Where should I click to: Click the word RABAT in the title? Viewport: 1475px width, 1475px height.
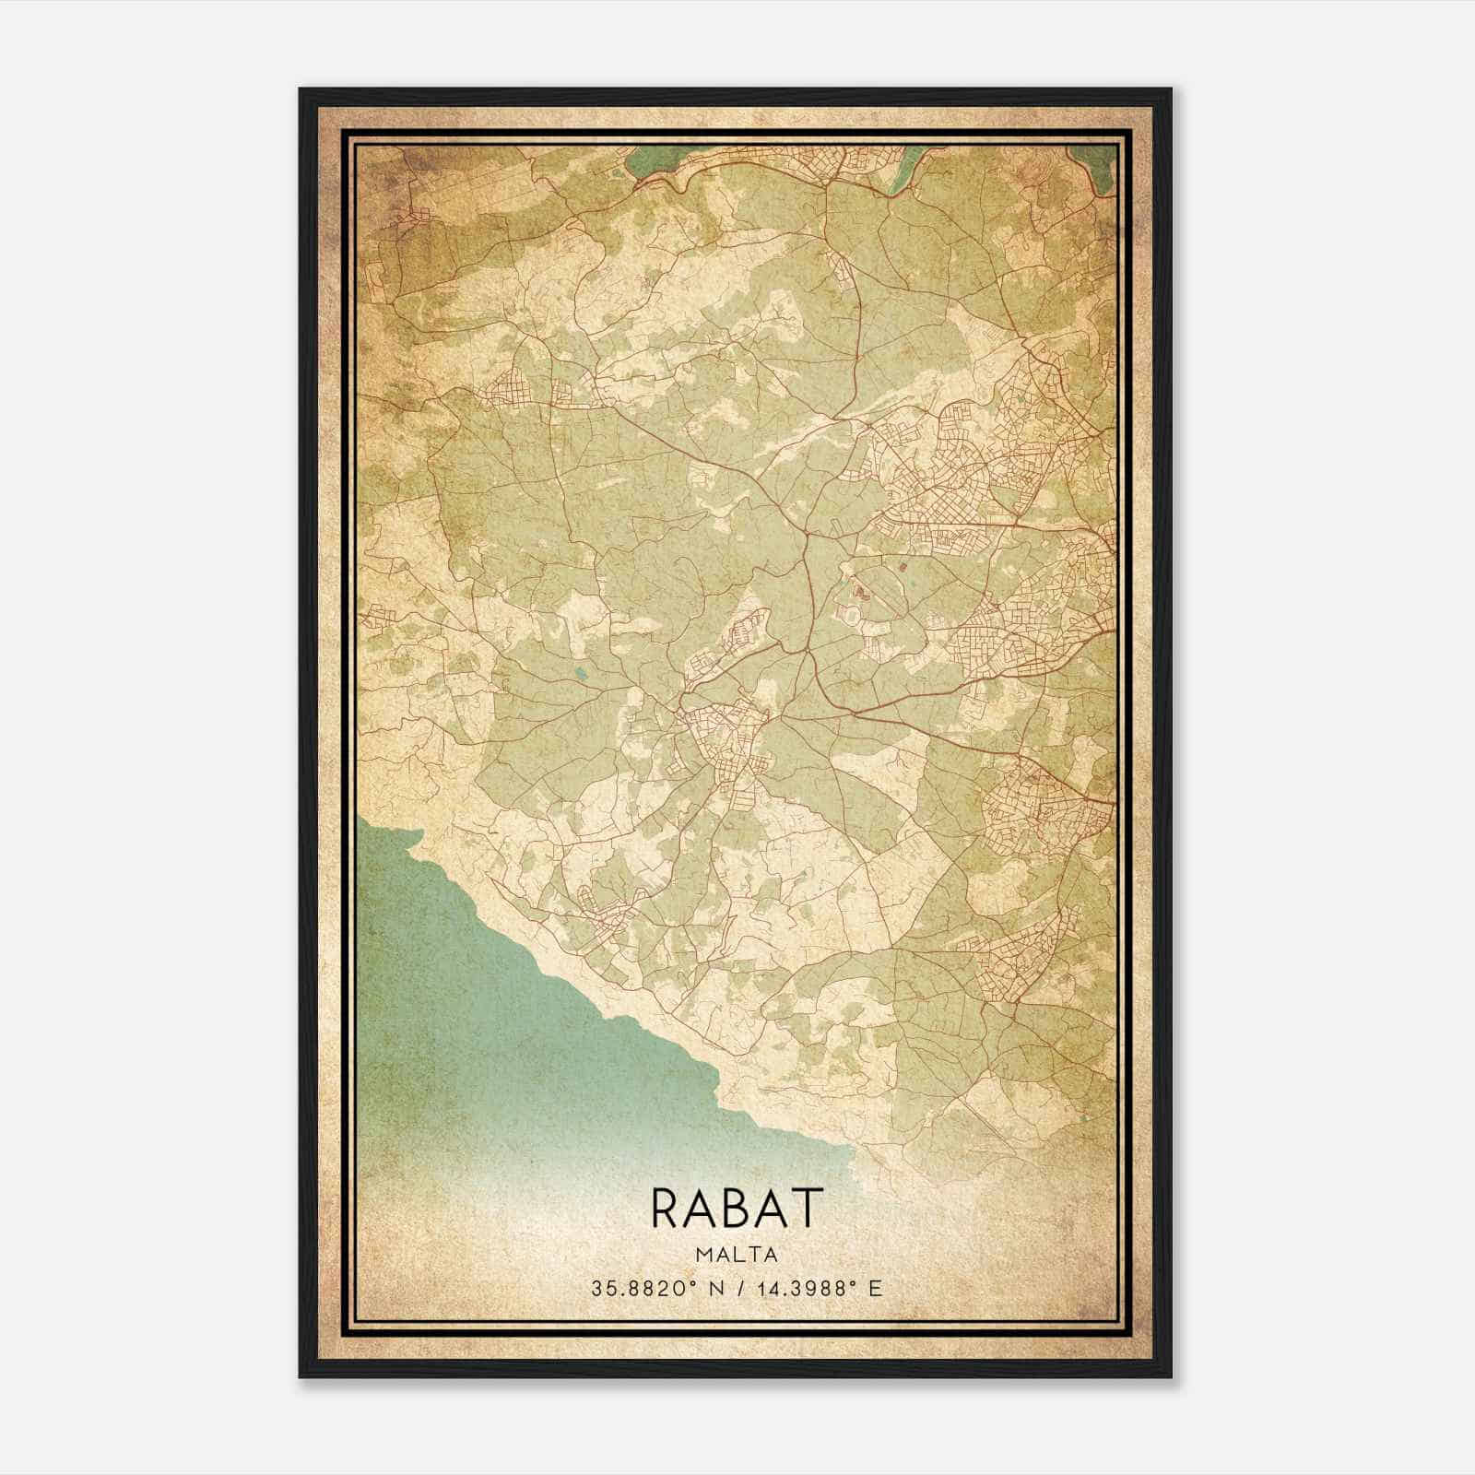point(736,1208)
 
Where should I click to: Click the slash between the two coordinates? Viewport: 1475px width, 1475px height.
point(737,1288)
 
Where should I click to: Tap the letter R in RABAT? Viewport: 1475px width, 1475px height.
point(667,1208)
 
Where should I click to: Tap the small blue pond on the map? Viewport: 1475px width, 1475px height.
point(579,674)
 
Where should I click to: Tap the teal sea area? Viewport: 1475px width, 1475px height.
point(516,1014)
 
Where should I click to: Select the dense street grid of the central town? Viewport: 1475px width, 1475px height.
point(728,737)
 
